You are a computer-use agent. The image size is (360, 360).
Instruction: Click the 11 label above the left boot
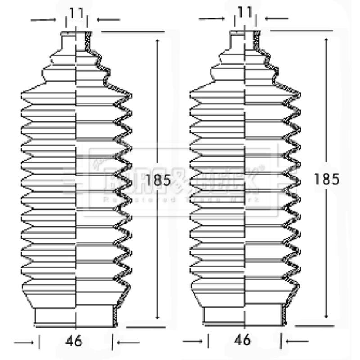76,13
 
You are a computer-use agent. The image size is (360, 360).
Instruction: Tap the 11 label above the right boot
245,13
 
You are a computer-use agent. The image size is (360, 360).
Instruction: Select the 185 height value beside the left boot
157,180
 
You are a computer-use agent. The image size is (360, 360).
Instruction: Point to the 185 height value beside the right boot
326,179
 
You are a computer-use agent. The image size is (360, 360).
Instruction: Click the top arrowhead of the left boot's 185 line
157,42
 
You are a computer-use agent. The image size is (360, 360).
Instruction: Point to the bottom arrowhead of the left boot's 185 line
157,316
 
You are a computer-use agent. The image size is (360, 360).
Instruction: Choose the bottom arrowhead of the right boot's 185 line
326,316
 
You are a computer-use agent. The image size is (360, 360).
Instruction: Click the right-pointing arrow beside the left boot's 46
25,342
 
